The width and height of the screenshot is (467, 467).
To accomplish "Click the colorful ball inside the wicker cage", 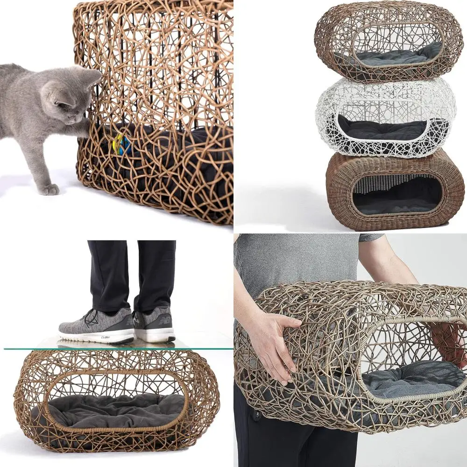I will click(x=122, y=145).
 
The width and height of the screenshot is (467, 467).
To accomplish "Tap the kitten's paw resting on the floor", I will click(x=49, y=189).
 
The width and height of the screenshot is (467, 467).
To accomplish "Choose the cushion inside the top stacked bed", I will click(x=392, y=56).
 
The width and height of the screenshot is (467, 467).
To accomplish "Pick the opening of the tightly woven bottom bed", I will click(x=397, y=195).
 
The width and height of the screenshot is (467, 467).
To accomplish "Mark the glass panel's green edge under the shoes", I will click(x=117, y=348).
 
